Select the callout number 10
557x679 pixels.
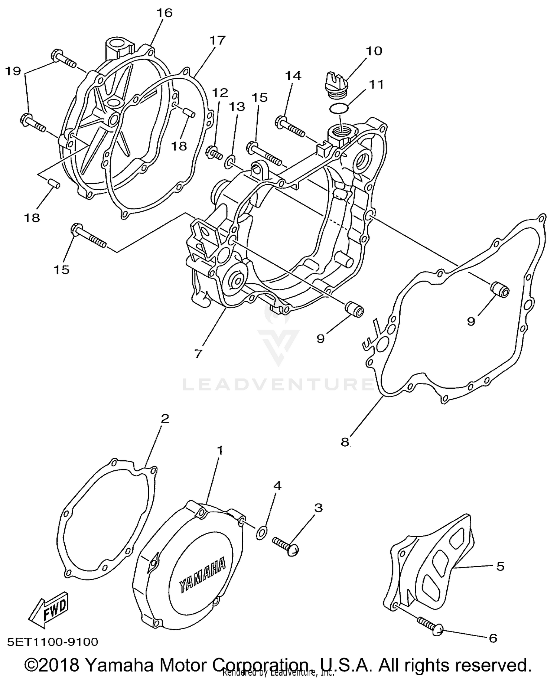pos(374,51)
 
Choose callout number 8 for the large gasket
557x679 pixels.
pos(345,442)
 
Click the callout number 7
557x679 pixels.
pos(198,353)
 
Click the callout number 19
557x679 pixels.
pos(13,71)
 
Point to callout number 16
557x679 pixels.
pos(164,13)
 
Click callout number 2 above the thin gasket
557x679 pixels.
pos(165,418)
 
